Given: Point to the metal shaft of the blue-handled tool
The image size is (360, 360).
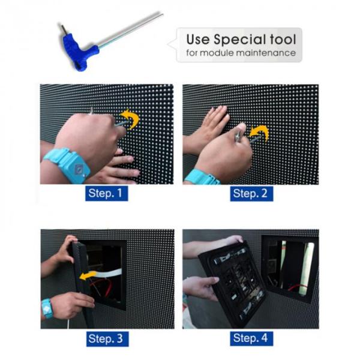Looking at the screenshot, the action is click(x=131, y=31).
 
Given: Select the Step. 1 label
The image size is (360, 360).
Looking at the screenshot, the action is click(x=107, y=193).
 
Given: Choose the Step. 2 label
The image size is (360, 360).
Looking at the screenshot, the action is click(x=251, y=194).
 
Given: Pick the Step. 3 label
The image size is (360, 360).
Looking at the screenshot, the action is click(x=107, y=339).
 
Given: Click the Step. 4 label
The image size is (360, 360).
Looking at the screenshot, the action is click(x=251, y=338).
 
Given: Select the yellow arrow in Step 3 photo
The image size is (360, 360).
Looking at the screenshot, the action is click(x=88, y=275).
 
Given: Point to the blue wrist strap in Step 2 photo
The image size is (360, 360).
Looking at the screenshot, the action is click(x=202, y=177).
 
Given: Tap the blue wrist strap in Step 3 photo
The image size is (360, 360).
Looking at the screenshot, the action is click(x=47, y=308).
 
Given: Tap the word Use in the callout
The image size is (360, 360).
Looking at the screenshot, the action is click(x=198, y=39).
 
